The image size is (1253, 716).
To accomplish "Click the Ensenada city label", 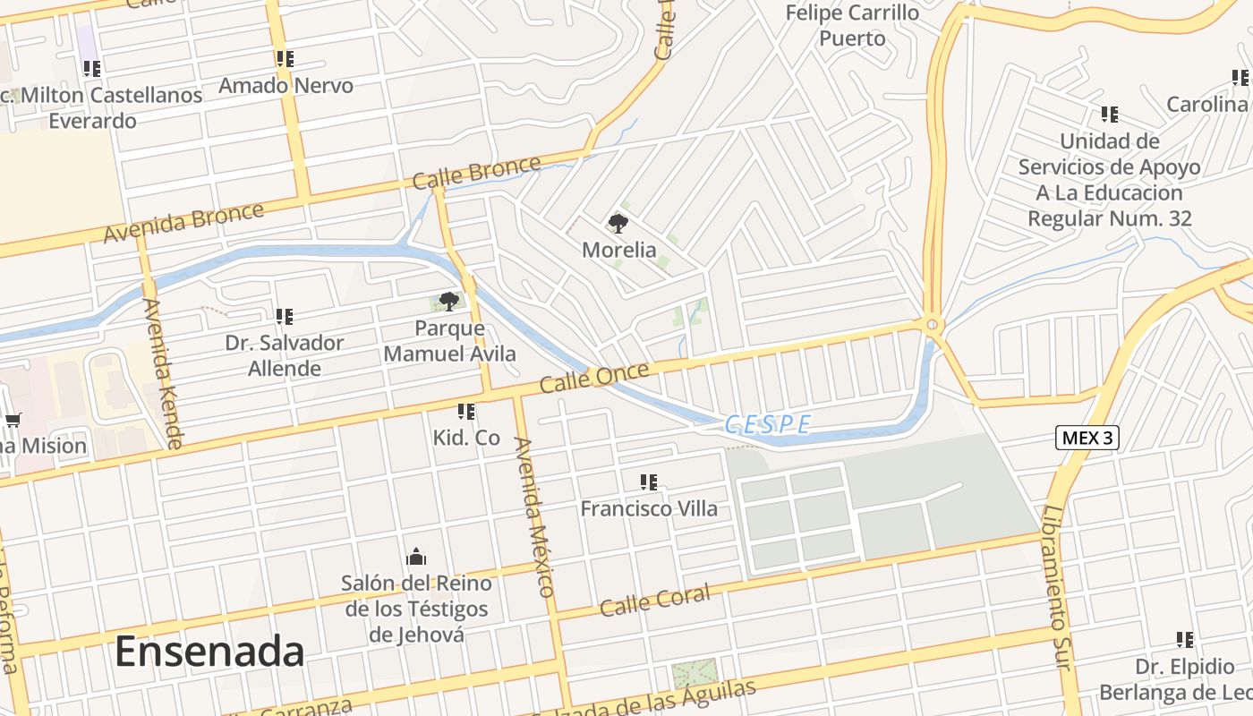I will pyautogui.click(x=209, y=652).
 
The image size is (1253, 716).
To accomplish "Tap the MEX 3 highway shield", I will pyautogui.click(x=1087, y=438).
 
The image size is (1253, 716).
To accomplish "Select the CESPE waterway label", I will pyautogui.click(x=768, y=424).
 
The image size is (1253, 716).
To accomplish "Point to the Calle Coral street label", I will pyautogui.click(x=655, y=600).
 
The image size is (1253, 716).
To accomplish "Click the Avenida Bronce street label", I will pyautogui.click(x=184, y=222).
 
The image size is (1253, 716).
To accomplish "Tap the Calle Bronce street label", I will pyautogui.click(x=477, y=173).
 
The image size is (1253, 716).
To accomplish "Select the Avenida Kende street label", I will pyautogui.click(x=162, y=372).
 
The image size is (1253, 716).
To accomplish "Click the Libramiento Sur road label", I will pyautogui.click(x=1055, y=587).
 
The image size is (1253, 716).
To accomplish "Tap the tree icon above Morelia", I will pyautogui.click(x=618, y=224).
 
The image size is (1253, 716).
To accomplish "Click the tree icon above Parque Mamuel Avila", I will pyautogui.click(x=449, y=301).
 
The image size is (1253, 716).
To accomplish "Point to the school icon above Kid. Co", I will pyautogui.click(x=465, y=412).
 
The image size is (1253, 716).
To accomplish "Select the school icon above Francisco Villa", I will pyautogui.click(x=649, y=482).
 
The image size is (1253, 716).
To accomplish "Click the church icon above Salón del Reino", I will pyautogui.click(x=416, y=558).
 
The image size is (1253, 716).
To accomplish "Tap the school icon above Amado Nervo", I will pyautogui.click(x=285, y=60).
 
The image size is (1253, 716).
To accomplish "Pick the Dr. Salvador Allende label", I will pyautogui.click(x=285, y=355).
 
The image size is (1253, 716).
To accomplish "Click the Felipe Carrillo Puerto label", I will pyautogui.click(x=852, y=25).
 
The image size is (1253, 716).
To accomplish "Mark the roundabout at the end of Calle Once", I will pyautogui.click(x=932, y=324).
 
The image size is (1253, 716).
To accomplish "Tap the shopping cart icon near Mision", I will pyautogui.click(x=13, y=420).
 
